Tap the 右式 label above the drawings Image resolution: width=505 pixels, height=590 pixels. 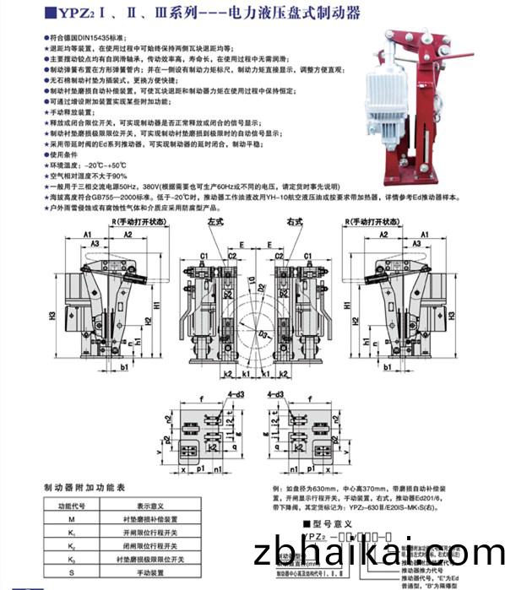293,222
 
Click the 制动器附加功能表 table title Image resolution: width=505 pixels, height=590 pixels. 84,488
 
